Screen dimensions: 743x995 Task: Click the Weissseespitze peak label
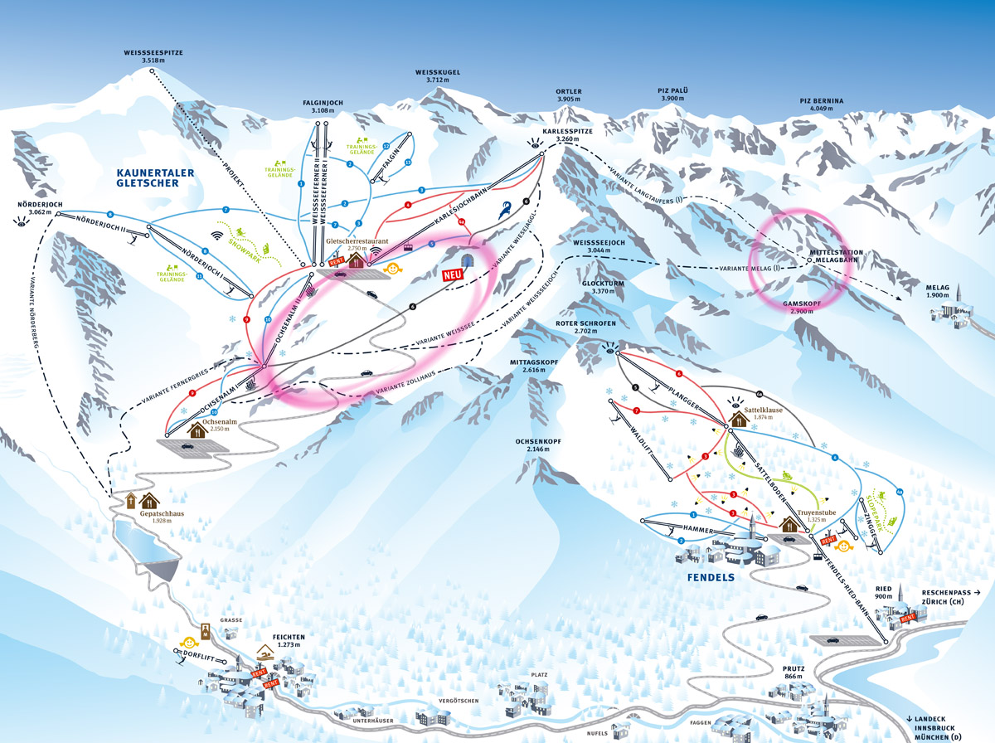(153, 56)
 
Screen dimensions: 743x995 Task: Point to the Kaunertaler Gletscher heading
(154, 177)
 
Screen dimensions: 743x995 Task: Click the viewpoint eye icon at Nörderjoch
(20, 221)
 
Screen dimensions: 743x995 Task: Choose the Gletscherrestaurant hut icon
(357, 260)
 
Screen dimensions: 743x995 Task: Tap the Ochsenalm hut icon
(199, 430)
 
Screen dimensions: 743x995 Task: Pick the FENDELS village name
(711, 577)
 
